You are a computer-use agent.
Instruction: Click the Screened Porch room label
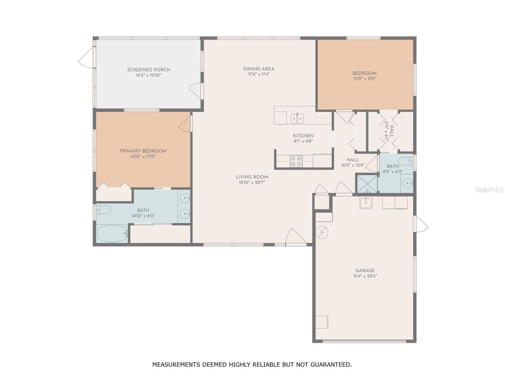[148, 70]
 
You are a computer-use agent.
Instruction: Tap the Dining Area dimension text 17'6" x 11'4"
[258, 74]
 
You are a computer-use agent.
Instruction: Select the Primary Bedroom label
[143, 151]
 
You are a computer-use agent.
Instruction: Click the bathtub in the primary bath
[112, 234]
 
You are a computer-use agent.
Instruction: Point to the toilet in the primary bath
[103, 210]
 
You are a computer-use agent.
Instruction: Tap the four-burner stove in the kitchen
[296, 161]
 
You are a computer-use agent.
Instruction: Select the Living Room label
[252, 177]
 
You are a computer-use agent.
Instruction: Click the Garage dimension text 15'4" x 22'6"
[365, 276]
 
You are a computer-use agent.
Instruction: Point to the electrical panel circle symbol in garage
[322, 233]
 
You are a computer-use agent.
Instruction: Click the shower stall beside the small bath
[367, 183]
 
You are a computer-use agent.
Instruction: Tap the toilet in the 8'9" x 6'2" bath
[405, 161]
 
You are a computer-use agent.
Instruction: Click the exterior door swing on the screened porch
[86, 57]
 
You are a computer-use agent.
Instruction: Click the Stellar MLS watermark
[489, 190]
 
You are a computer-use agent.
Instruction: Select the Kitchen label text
[303, 136]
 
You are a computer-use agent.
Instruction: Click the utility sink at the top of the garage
[366, 203]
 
